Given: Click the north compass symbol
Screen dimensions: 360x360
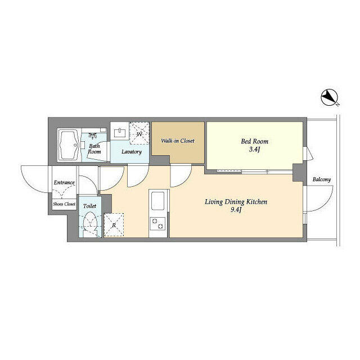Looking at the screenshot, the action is click(x=330, y=97).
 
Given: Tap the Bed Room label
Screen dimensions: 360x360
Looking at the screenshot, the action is click(x=255, y=141).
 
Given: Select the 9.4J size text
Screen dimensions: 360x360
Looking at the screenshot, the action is click(x=236, y=210).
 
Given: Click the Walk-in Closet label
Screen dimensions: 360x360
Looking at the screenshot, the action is click(x=178, y=141).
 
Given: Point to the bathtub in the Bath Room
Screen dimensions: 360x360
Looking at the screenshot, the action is click(x=69, y=145).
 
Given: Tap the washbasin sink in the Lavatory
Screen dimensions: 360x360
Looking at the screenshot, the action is click(x=119, y=133).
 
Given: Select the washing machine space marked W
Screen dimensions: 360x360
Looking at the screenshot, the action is click(x=139, y=133).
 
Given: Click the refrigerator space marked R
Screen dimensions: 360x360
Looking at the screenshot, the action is click(x=114, y=225).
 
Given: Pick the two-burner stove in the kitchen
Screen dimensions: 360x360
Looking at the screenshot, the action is click(x=157, y=224).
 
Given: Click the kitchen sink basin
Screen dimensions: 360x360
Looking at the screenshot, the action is click(x=157, y=201).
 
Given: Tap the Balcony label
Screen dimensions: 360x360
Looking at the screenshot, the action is click(x=322, y=179).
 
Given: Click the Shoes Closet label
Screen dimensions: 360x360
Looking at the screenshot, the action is click(x=64, y=204).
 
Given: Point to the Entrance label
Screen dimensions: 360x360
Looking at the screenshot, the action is click(x=64, y=182).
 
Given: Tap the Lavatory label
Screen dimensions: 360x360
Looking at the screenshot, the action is click(x=132, y=151).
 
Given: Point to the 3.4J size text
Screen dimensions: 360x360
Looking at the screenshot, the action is click(x=255, y=150).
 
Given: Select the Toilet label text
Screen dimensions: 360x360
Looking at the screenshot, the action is click(x=89, y=206).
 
